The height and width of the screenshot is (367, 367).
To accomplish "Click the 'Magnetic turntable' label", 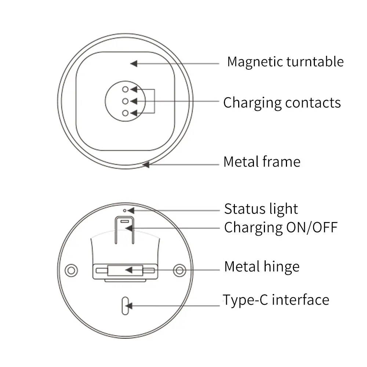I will [x=285, y=62].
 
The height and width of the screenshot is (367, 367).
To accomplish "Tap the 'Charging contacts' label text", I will [x=282, y=103].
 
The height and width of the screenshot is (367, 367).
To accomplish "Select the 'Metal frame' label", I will [x=262, y=162].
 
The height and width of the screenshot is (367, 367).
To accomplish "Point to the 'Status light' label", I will [x=261, y=209].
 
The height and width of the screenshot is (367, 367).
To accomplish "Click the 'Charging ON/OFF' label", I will [x=280, y=228].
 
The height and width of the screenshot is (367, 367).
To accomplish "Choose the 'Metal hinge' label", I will [x=262, y=267].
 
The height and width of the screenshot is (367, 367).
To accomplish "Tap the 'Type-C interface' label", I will [x=276, y=300].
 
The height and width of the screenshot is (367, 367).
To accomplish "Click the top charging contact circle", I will [x=126, y=89].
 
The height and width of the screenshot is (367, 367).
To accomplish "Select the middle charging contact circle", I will [x=126, y=101].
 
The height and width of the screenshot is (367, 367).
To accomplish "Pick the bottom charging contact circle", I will [x=126, y=113].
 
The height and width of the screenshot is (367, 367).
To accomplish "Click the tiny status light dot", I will [x=125, y=211].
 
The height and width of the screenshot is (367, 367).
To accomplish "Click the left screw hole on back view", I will [x=71, y=270].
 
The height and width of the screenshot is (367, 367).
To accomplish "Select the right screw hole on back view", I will [x=179, y=270].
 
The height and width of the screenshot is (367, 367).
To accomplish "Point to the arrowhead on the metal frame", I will [x=146, y=165].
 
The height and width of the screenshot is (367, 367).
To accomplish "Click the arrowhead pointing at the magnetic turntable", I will [x=134, y=63].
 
